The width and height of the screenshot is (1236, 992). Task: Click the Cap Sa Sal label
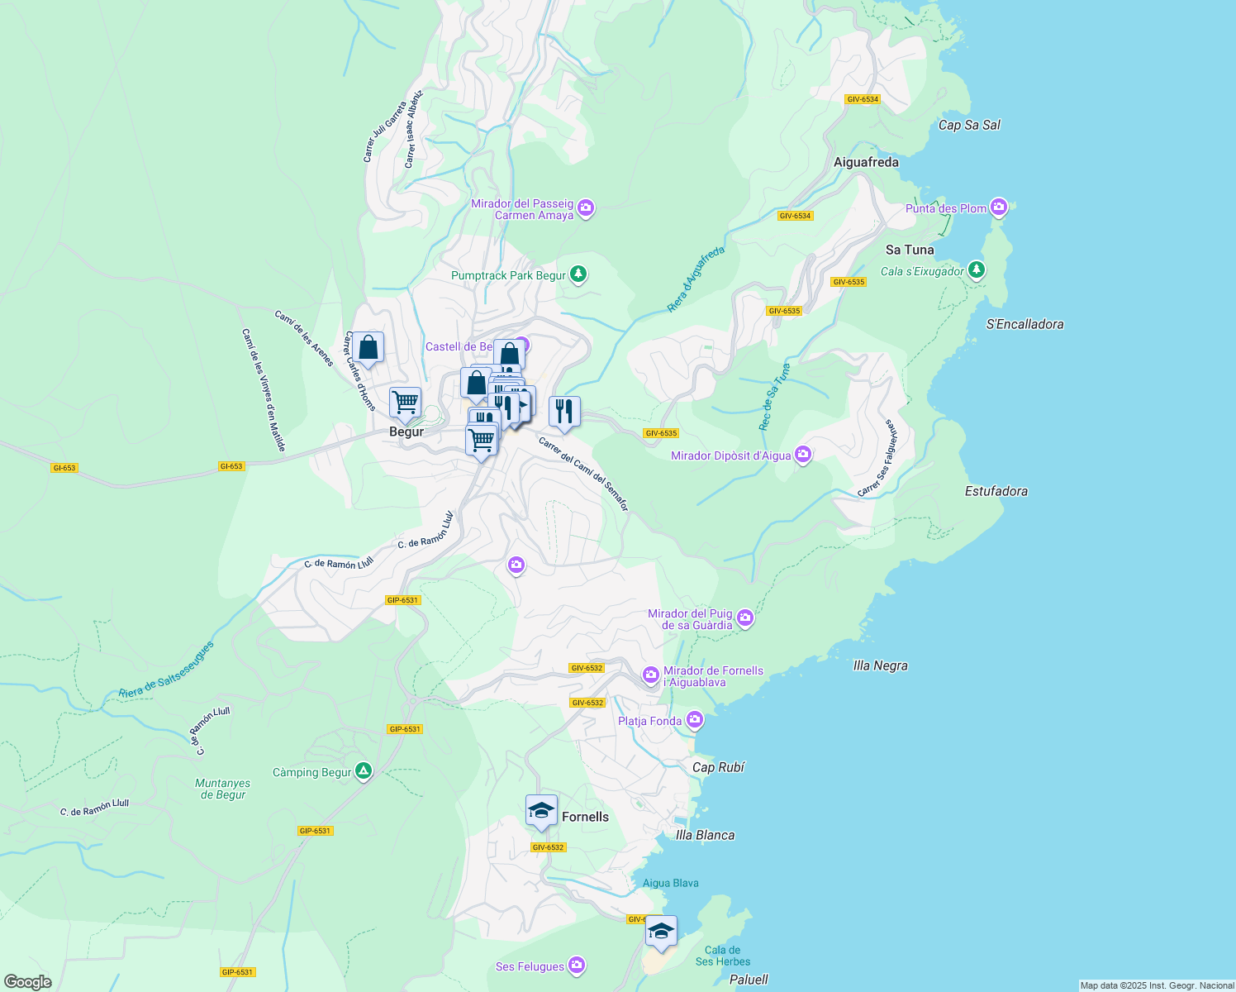(x=969, y=126)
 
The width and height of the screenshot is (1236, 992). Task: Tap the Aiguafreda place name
(x=866, y=163)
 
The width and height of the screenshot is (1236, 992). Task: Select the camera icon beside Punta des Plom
(x=999, y=207)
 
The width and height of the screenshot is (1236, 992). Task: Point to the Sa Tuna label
(x=910, y=250)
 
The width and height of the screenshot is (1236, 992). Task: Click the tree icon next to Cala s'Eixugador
(x=977, y=269)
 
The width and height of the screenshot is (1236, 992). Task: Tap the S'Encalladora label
(x=1024, y=324)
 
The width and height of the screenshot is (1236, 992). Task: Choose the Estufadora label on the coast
(x=996, y=491)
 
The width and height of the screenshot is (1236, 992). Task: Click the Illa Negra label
(x=880, y=665)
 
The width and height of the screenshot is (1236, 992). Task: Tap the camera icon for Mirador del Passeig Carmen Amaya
(x=586, y=207)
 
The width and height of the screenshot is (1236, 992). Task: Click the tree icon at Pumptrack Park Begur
(x=578, y=274)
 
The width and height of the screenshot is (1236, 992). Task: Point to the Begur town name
(x=406, y=432)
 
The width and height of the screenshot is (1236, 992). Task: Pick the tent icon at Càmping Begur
(x=364, y=772)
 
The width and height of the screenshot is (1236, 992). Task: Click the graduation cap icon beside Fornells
(x=541, y=810)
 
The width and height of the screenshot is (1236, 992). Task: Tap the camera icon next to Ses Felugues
(x=577, y=965)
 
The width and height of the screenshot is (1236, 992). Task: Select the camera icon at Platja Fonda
(x=695, y=720)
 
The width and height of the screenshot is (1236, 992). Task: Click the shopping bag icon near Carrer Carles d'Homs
(x=368, y=347)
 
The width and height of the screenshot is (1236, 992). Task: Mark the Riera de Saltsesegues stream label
(x=165, y=670)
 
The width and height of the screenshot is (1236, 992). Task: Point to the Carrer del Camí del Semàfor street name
(x=583, y=474)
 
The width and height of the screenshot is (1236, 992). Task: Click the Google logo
(x=27, y=981)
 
